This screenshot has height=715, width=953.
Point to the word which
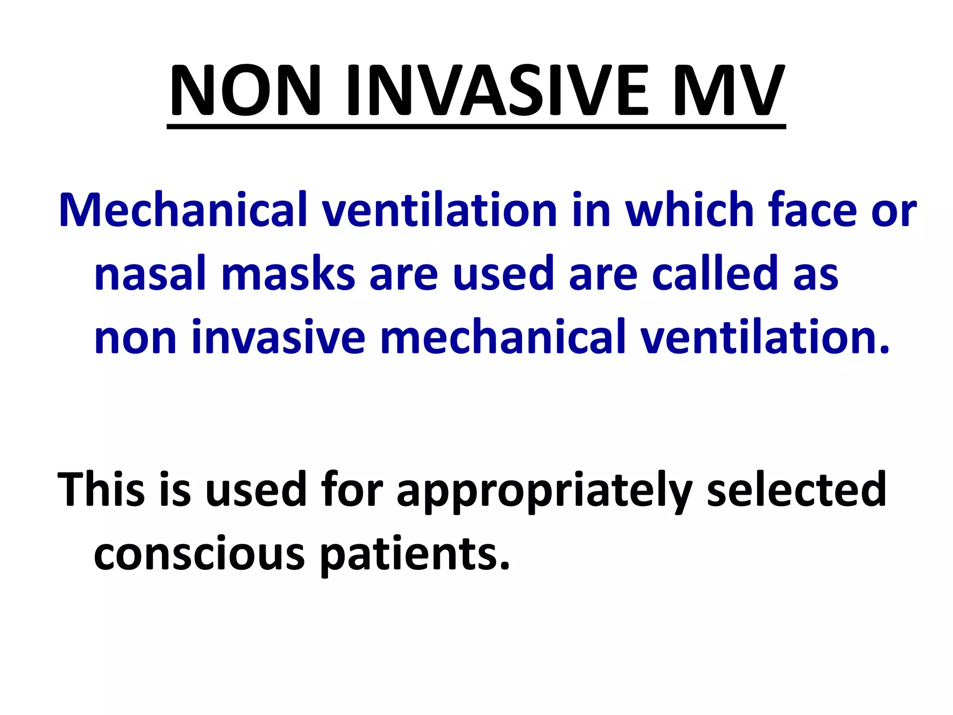(689, 210)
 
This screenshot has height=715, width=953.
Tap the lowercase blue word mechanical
(503, 337)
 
